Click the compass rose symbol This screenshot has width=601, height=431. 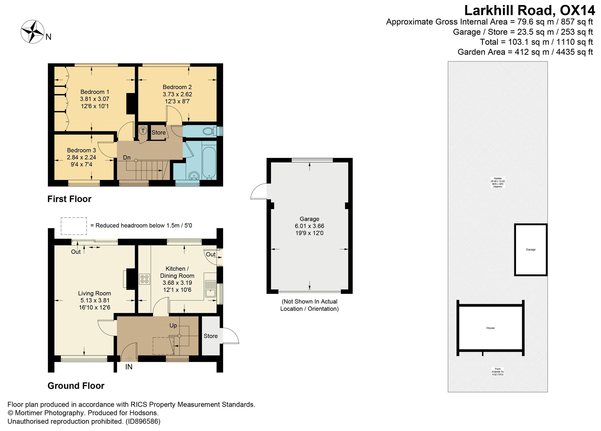(32, 32)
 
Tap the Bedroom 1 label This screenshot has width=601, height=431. (95, 92)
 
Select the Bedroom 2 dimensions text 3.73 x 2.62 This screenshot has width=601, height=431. (177, 94)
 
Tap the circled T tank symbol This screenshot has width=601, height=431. (143, 130)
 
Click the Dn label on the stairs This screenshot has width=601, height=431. (127, 158)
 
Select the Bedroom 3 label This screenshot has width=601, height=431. (81, 150)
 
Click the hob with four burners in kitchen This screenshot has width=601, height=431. (144, 279)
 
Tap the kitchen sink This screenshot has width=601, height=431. (211, 289)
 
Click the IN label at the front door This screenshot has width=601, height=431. (129, 367)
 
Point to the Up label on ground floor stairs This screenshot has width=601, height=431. (173, 325)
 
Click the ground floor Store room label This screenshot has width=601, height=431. (210, 336)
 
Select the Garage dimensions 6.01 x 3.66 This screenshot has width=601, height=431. (309, 226)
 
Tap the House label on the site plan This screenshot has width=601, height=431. (490, 328)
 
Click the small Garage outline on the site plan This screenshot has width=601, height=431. (531, 250)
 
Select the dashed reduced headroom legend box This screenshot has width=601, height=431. (74, 226)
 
